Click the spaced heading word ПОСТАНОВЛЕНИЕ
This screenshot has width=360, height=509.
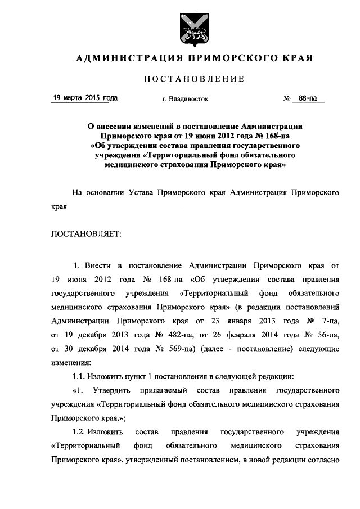coord(194,79)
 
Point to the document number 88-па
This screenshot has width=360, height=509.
coord(308,98)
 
